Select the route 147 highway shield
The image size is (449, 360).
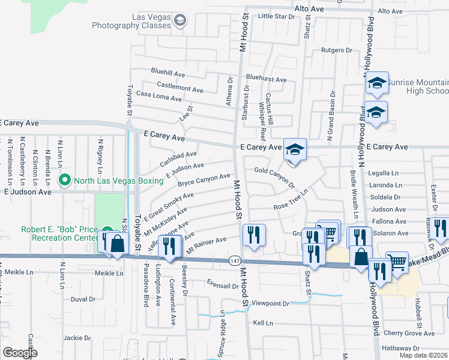(235, 260)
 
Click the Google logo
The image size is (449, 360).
(20, 353)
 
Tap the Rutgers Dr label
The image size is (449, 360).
(336, 50)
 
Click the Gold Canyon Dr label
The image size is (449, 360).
(274, 175)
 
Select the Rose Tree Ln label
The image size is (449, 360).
(291, 200)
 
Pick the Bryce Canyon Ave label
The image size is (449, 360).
(204, 179)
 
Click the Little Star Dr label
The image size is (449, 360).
(277, 16)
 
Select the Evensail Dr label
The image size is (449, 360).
(222, 286)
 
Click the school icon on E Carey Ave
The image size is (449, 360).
(295, 149)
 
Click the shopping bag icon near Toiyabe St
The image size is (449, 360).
(117, 243)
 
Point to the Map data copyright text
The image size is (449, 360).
(423, 355)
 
